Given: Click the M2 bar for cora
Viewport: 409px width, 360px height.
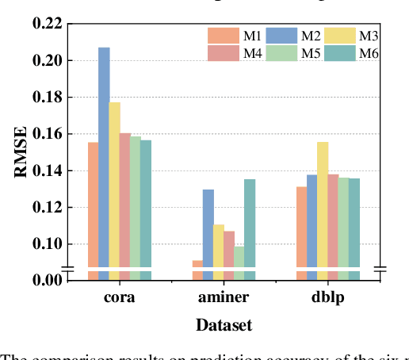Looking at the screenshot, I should tap(104, 159).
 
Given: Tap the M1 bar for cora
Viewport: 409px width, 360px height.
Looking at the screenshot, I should tap(94, 202).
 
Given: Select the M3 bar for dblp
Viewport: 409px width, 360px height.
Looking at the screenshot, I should tap(322, 202).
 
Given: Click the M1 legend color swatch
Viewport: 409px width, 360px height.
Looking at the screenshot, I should tap(223, 36).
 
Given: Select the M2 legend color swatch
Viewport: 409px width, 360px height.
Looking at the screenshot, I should tap(281, 36).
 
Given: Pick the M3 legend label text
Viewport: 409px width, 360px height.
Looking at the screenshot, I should tap(369, 36).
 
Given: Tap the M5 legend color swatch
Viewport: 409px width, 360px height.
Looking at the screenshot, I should tap(281, 53).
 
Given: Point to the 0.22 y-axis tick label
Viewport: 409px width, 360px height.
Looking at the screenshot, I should tap(47, 24).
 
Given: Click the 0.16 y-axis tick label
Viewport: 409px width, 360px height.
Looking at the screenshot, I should tap(47, 134).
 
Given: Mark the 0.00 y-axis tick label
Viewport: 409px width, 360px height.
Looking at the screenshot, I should tap(47, 279).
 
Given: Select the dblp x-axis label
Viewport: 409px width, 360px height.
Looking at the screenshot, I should tap(327, 298).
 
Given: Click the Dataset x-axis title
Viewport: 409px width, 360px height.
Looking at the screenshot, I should tap(224, 325).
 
